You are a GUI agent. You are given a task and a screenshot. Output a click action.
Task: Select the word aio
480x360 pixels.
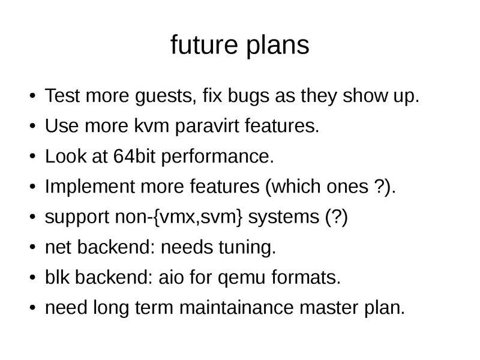click(x=179, y=278)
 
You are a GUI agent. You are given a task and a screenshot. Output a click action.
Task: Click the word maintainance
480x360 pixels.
click(x=247, y=308)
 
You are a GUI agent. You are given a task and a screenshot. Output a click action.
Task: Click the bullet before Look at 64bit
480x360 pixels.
click(x=32, y=158)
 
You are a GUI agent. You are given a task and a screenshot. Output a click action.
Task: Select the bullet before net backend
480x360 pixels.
click(x=32, y=248)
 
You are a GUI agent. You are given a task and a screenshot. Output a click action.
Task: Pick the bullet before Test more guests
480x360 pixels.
click(x=32, y=97)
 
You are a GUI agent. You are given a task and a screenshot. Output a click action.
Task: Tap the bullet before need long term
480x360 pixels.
click(x=32, y=309)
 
